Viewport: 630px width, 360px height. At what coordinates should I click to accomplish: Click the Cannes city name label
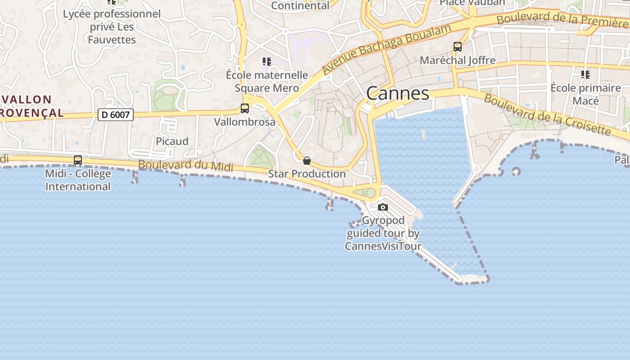397,93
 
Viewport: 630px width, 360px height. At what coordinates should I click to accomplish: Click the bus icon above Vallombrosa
245,108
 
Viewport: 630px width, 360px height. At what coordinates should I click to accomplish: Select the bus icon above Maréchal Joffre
458,47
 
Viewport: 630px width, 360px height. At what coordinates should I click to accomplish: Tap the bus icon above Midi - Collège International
78,160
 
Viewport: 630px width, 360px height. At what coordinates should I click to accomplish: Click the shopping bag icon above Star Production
307,161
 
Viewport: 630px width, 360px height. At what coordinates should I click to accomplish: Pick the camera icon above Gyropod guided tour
383,207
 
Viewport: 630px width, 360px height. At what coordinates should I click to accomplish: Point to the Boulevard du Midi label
185,166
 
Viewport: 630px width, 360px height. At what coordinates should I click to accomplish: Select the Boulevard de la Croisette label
547,114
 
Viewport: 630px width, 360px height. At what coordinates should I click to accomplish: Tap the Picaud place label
172,141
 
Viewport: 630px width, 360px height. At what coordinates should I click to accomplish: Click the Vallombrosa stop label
244,121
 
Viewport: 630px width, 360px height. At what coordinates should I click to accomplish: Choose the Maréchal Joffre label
457,60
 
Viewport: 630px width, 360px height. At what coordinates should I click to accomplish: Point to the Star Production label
307,174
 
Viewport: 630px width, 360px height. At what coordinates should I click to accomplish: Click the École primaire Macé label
585,94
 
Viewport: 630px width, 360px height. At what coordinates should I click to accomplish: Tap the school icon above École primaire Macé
585,75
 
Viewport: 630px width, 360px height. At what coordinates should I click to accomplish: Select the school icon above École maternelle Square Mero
267,62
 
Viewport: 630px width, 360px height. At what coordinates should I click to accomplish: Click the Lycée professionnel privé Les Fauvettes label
112,27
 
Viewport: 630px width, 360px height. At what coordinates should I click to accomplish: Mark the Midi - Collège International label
78,180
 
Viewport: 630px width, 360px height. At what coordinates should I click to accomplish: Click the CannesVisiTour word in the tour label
383,246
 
